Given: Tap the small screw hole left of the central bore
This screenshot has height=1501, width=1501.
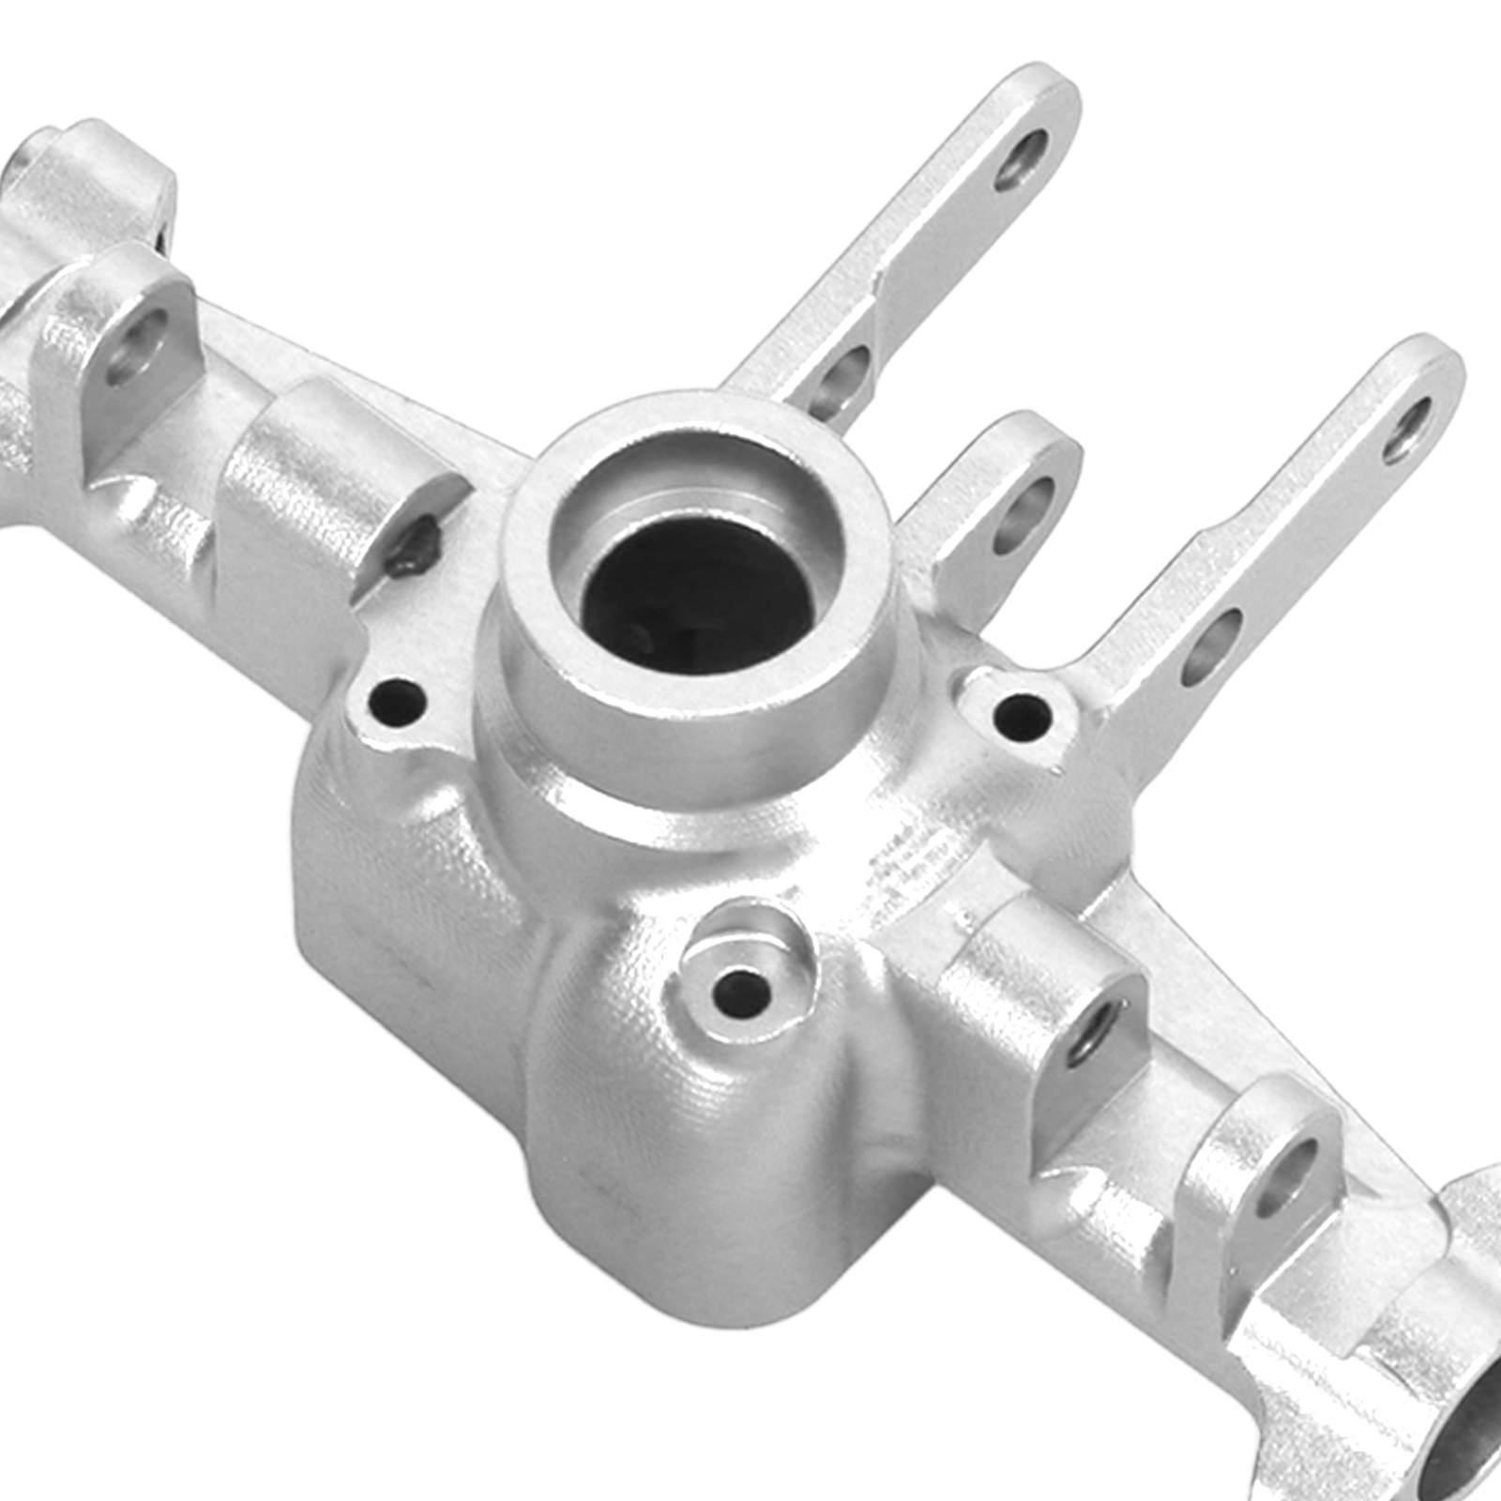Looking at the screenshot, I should (x=396, y=700).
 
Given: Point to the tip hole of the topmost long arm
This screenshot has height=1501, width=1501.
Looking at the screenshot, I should (x=1023, y=159).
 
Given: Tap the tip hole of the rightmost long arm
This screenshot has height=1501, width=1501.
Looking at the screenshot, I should (x=1407, y=430).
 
